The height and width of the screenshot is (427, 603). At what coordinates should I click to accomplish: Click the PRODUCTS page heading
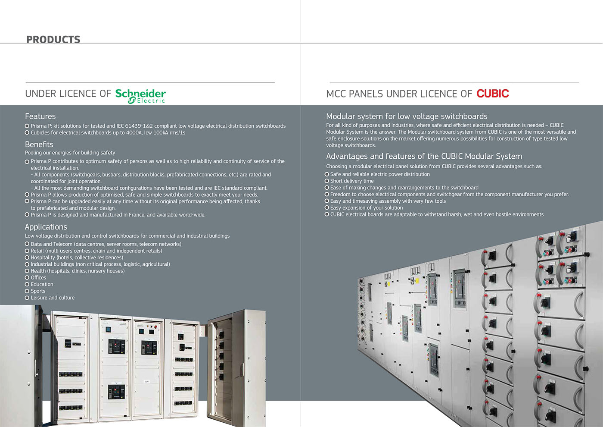[53, 40]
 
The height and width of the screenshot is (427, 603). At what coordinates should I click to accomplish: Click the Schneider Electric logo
[140, 96]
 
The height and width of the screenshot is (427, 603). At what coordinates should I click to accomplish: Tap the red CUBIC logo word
[493, 94]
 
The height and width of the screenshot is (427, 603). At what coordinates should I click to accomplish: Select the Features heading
[40, 116]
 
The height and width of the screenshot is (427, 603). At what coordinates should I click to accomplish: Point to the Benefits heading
[39, 144]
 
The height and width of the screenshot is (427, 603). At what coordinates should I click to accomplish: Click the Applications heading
[46, 227]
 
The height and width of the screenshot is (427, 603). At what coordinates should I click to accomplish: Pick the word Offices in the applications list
[38, 277]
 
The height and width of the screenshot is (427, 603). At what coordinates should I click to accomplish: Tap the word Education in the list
[42, 284]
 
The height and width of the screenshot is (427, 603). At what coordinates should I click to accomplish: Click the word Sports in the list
[38, 291]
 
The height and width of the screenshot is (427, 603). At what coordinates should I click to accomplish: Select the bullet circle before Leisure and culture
[27, 298]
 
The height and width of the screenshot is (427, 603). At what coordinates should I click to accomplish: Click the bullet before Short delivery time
[327, 181]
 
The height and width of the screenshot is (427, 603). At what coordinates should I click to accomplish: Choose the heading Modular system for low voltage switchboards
[407, 116]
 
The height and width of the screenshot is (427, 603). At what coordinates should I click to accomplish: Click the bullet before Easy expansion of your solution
[327, 207]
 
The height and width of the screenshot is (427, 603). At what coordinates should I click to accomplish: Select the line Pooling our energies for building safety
[70, 153]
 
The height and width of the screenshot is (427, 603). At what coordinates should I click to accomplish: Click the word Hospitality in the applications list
[43, 257]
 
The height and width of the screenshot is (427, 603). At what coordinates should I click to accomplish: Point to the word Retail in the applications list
[37, 251]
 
